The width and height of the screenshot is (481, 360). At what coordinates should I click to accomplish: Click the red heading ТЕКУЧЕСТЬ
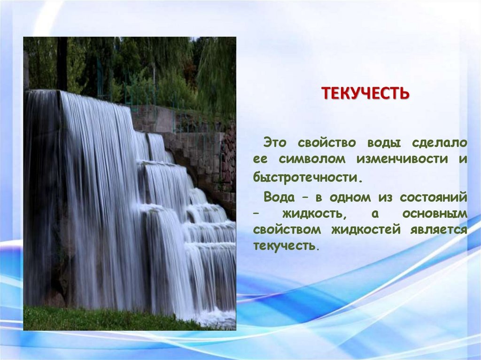coord(365,93)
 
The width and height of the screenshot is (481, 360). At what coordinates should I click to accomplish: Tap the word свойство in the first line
coord(327,143)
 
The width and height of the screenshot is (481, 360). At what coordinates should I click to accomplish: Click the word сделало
coord(439,143)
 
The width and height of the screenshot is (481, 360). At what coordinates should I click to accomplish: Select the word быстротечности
coord(305,177)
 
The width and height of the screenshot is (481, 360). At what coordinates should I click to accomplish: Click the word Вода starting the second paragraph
coord(279,197)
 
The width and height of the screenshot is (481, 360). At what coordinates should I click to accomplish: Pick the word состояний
coord(434,198)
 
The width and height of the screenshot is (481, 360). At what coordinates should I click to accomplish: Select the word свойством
coord(287,230)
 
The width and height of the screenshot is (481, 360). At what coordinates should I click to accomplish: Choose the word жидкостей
coord(366,230)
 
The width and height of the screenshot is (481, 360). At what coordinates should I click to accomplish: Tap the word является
coord(439,230)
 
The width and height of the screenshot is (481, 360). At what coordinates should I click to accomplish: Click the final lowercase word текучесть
coord(284,245)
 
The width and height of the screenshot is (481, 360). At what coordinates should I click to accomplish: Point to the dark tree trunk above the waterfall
coord(62,64)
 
